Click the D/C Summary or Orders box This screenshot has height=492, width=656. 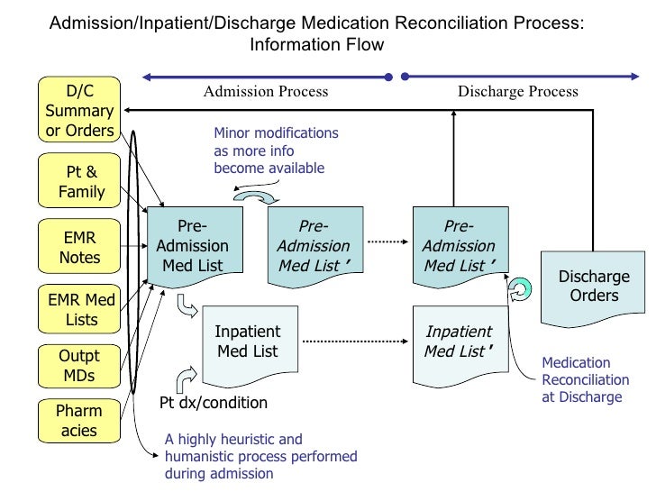(x=79, y=111)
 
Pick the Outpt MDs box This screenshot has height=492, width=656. (x=79, y=366)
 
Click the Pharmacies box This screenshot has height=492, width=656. (x=79, y=421)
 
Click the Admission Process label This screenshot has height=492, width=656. (x=266, y=91)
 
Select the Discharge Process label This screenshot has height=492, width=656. (x=518, y=91)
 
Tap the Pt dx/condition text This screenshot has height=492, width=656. (x=214, y=403)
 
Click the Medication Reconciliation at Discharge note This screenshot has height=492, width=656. (x=581, y=379)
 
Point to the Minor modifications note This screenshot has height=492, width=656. (x=276, y=150)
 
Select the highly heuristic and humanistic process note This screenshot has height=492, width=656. (x=260, y=456)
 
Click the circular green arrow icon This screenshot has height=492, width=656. (x=519, y=289)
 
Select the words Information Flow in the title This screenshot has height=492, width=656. (x=316, y=45)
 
